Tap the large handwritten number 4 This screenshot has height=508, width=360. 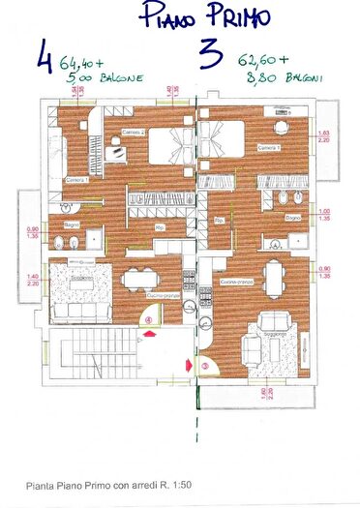click(x=45, y=54)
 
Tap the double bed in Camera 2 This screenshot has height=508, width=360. click(x=168, y=148)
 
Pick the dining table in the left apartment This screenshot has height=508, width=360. click(x=137, y=279)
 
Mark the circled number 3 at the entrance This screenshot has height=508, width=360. click(x=204, y=365)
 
